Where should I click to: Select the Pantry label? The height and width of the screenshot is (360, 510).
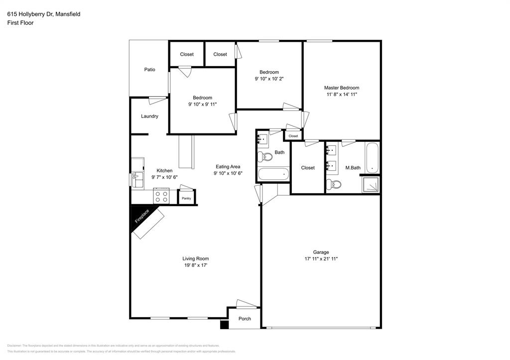click(186, 198)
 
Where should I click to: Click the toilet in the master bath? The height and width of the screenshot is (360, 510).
click(334, 185)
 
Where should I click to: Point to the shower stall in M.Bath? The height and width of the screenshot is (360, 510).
click(371, 185)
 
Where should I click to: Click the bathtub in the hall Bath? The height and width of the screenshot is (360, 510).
click(273, 174)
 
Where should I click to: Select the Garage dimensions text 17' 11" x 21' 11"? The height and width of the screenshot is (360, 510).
click(321, 259)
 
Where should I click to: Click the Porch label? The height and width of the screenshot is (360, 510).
click(245, 319)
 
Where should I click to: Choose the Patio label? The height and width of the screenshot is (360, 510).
click(149, 70)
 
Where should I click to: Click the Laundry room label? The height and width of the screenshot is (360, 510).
click(149, 117)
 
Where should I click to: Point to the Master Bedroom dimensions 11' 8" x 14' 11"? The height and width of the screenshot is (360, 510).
click(342, 94)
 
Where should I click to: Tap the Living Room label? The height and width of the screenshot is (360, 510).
click(195, 258)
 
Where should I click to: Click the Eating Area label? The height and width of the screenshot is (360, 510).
click(228, 167)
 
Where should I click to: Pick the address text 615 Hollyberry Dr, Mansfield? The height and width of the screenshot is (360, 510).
click(44, 14)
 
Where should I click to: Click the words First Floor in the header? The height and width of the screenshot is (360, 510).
click(20, 23)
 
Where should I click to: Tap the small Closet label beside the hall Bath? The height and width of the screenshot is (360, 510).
click(293, 136)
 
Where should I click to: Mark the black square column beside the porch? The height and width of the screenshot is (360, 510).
click(224, 325)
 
